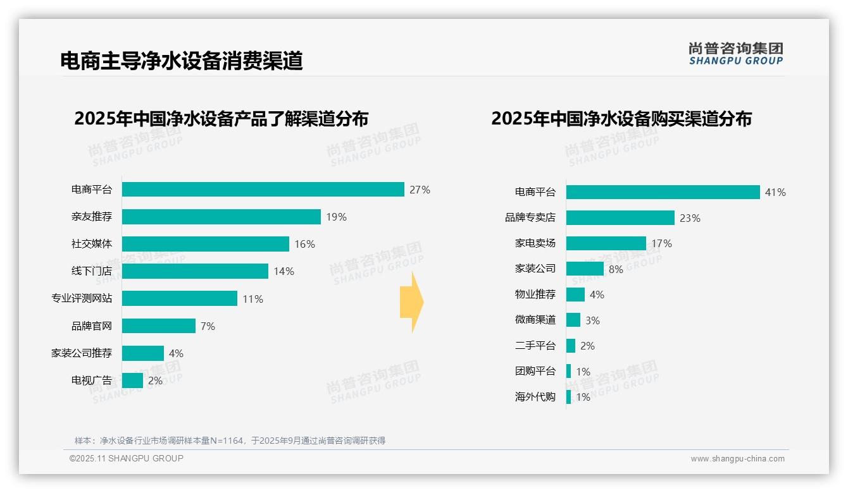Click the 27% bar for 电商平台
point(263,190)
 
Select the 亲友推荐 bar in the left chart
point(221,217)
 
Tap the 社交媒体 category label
point(92,244)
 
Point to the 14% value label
point(284,272)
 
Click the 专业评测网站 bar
point(179,298)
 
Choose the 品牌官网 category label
point(92,326)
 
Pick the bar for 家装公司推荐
point(142,353)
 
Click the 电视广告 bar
point(132,380)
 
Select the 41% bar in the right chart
point(663,192)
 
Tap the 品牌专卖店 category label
point(530,217)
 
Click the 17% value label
point(662,243)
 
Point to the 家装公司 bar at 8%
point(585,269)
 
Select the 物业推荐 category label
point(535,295)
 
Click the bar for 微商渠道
point(573,320)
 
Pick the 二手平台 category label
point(535,346)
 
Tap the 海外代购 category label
point(535,397)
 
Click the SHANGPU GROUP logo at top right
point(736,54)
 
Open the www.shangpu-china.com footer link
point(737,459)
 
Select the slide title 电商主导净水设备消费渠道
point(182,61)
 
